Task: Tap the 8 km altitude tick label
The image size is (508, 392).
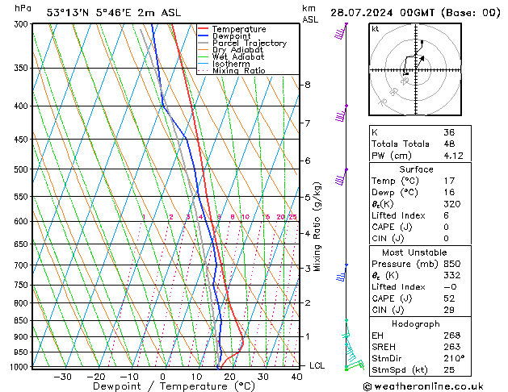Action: (307, 85)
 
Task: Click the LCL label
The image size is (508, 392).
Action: (317, 365)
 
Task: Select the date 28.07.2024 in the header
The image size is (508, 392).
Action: (384, 12)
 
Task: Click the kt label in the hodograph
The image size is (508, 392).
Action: (376, 29)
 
